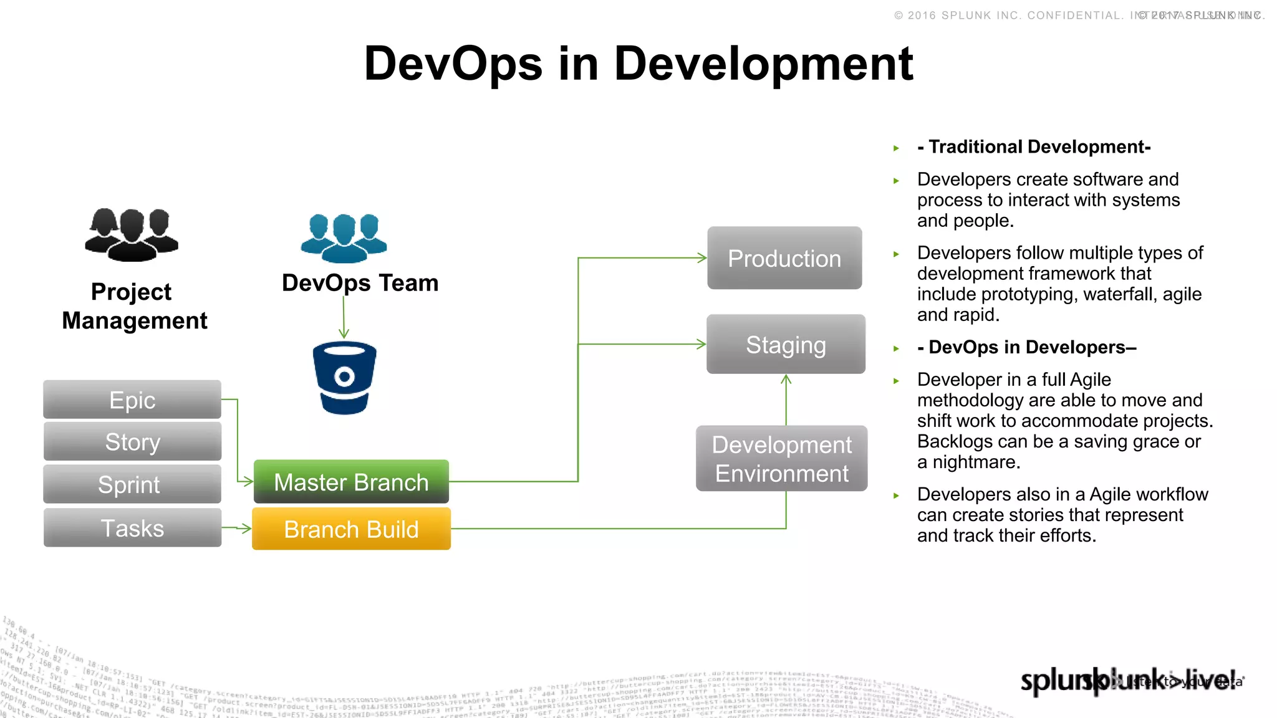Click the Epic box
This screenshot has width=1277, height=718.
pos(132,400)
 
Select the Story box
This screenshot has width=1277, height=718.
pos(132,442)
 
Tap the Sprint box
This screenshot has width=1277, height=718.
pos(132,484)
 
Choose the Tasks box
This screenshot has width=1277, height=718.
pos(132,528)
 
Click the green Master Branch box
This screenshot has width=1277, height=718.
pos(351,482)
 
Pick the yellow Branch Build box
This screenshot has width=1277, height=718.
pos(351,529)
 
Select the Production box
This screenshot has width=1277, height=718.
pos(784,258)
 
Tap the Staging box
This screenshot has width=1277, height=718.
pos(786,345)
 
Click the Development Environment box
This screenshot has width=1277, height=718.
pos(781,459)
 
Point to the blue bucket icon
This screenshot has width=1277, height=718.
pos(344,378)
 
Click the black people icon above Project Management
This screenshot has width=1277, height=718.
pos(132,234)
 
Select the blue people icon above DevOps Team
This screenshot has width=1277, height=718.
pos(344,237)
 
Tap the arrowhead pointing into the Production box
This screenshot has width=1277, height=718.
pos(702,257)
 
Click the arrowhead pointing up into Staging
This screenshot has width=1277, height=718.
pos(786,380)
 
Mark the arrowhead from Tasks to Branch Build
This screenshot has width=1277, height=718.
pos(247,529)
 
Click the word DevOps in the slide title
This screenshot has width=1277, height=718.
pos(453,64)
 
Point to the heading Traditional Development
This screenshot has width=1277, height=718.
pos(1034,147)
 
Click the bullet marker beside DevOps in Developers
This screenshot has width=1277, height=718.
pos(896,348)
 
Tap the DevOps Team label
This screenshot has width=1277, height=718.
pos(360,283)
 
